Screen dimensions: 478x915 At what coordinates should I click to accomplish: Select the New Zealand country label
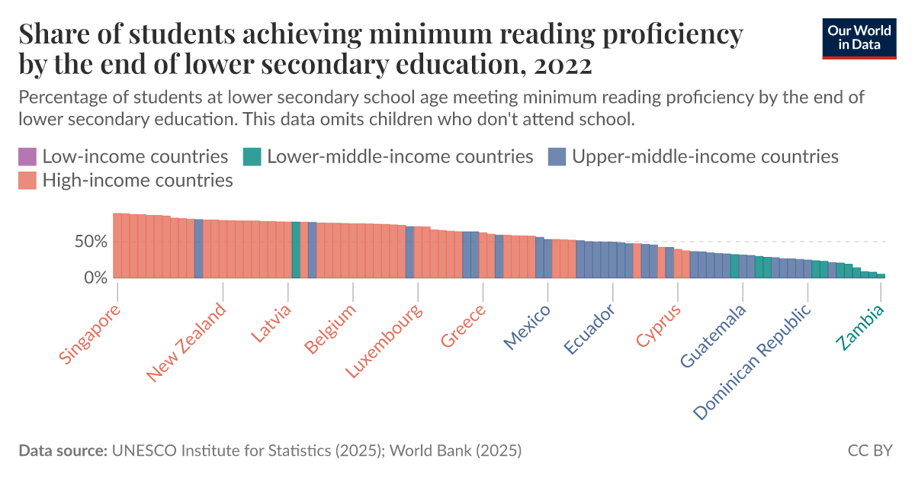[x=187, y=342]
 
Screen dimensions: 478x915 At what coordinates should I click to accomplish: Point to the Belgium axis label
[x=330, y=329]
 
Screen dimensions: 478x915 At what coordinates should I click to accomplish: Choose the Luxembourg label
[x=384, y=342]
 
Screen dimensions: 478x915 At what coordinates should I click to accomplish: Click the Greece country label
[x=463, y=326]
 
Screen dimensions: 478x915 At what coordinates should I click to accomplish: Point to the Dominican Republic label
[x=753, y=361]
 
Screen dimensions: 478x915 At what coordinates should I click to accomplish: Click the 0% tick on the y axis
[x=98, y=278]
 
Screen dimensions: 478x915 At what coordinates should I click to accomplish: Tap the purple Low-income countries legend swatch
[x=27, y=157]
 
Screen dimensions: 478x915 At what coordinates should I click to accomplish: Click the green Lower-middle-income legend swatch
[x=252, y=157]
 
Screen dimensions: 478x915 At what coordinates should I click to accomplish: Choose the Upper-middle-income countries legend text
[x=705, y=157]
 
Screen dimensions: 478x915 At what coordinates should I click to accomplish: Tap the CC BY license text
[x=869, y=451]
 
